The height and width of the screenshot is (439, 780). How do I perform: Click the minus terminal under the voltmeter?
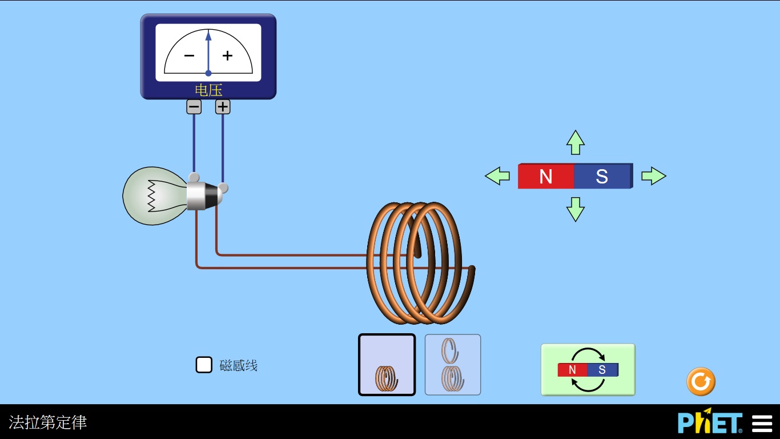(x=194, y=107)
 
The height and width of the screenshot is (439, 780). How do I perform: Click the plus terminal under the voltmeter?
(x=223, y=107)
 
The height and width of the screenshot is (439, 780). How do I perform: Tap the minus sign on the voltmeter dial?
(x=189, y=55)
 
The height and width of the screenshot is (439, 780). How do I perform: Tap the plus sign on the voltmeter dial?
(x=228, y=55)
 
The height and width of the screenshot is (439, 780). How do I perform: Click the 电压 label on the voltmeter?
(x=208, y=90)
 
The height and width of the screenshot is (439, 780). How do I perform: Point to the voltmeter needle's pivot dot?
(x=208, y=73)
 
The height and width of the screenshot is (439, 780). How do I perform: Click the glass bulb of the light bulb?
(x=151, y=195)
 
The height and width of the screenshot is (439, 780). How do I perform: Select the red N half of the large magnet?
(x=546, y=176)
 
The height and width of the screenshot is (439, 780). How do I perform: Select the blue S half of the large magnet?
(x=602, y=176)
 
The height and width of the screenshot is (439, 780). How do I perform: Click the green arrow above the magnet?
(x=576, y=142)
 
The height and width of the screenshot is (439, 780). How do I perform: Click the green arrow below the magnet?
(x=576, y=209)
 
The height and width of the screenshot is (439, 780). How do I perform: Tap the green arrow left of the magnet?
(x=497, y=176)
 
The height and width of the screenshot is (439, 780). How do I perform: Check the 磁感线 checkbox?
(x=204, y=365)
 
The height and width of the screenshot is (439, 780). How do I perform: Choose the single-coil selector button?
(x=387, y=365)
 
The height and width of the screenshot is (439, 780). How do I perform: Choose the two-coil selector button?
(x=453, y=365)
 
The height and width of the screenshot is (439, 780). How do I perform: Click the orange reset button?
(x=701, y=382)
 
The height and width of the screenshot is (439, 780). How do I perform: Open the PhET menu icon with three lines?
(x=762, y=424)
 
